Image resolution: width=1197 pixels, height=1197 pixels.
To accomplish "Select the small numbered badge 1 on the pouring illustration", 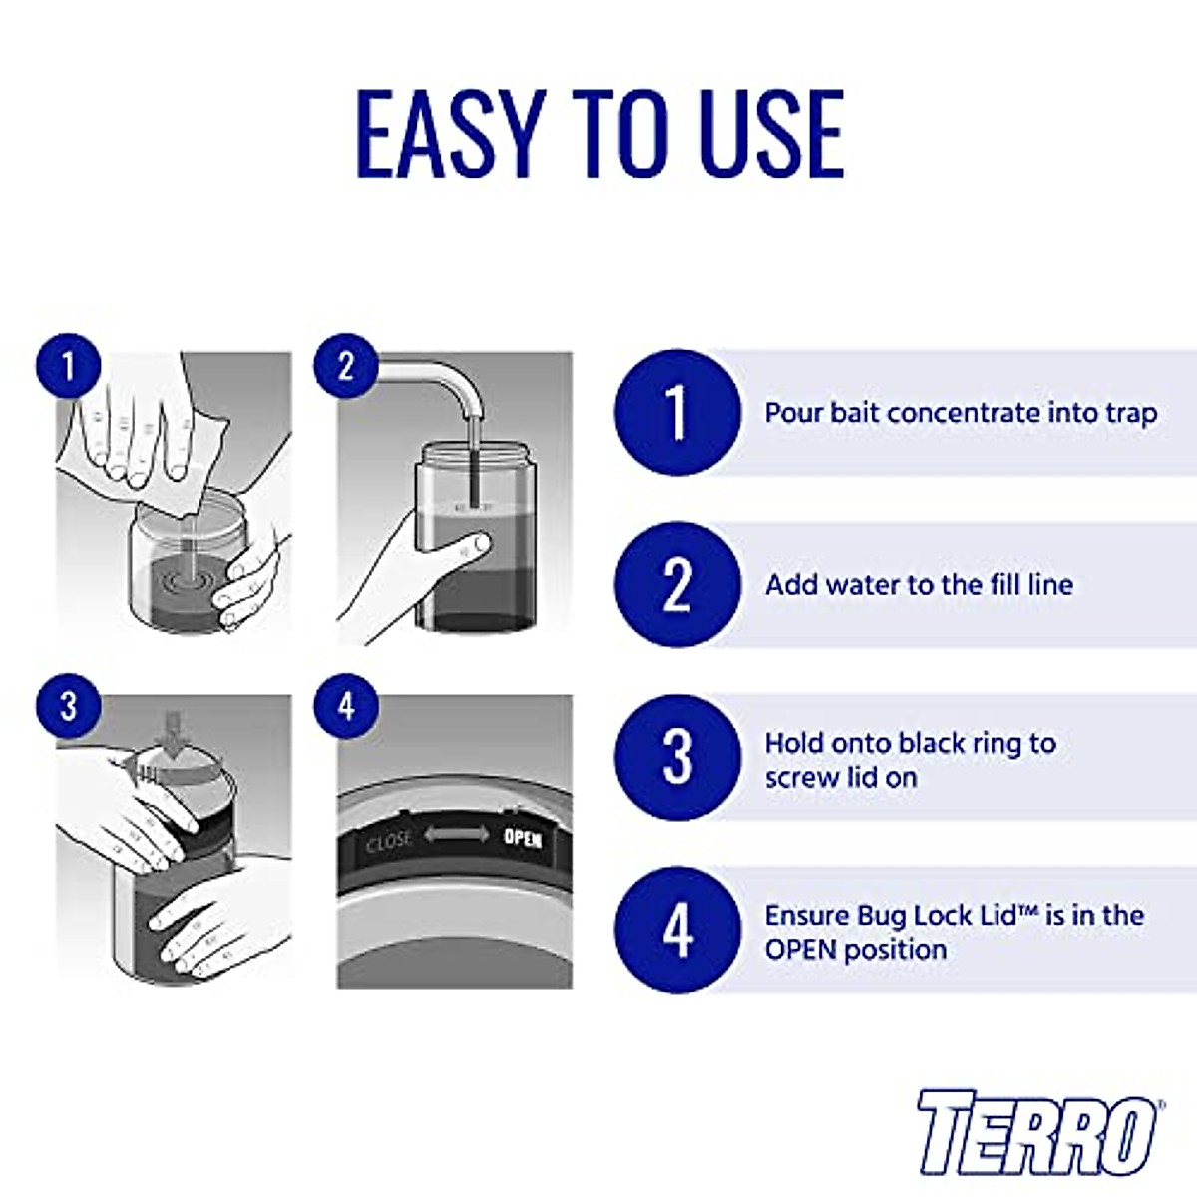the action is [x=69, y=366].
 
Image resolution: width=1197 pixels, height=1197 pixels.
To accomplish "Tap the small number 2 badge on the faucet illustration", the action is [x=346, y=366].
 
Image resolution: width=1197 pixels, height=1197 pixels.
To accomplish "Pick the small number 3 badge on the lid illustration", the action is [x=69, y=706].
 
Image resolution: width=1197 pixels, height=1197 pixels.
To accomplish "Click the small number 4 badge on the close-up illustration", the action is [x=346, y=706].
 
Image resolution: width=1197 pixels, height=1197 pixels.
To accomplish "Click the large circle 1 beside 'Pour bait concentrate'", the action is [x=677, y=412].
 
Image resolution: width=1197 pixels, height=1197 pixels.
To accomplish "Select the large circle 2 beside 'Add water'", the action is [x=677, y=584].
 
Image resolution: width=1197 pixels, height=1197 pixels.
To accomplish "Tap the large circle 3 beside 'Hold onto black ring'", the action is [x=677, y=758].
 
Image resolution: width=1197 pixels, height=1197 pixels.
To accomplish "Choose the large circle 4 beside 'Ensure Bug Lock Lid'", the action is [x=677, y=930].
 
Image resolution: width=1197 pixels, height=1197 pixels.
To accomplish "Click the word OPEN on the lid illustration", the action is [x=522, y=838].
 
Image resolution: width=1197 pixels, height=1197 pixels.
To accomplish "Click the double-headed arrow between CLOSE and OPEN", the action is [x=457, y=835].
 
